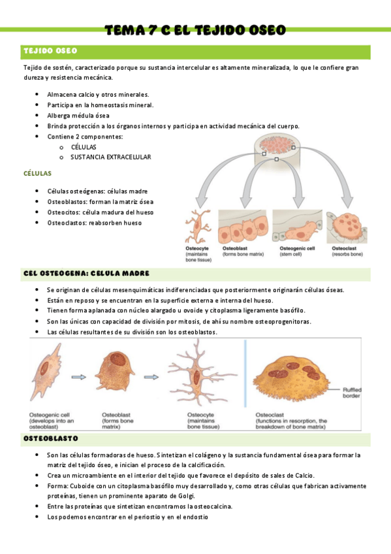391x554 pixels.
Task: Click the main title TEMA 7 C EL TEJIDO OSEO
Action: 195,30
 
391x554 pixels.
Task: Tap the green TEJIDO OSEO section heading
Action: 50,50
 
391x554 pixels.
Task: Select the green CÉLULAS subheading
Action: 37,174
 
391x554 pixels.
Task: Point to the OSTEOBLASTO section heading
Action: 51,438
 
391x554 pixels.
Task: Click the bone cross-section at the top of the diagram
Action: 277,146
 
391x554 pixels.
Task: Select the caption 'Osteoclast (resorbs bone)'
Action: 347,252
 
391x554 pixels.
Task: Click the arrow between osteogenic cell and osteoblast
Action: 79,376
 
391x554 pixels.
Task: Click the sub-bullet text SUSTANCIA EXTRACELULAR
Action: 111,157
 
